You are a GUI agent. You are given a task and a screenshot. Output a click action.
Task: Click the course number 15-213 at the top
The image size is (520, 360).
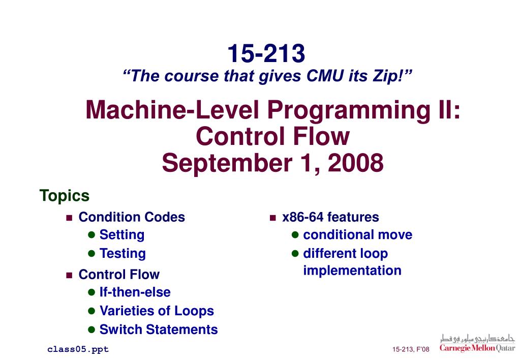(266, 53)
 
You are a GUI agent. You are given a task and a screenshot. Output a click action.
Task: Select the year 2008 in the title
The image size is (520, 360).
(355, 163)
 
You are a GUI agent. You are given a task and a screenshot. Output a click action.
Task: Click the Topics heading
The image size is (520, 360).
(65, 196)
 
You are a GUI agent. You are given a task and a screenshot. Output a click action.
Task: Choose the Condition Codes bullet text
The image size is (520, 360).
(132, 217)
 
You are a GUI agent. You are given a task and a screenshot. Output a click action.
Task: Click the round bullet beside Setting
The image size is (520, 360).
(92, 235)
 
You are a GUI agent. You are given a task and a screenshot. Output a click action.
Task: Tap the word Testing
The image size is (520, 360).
(123, 253)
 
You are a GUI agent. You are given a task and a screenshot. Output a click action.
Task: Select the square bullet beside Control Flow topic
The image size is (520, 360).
(70, 275)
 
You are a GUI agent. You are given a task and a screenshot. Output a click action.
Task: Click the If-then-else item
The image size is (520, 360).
(135, 292)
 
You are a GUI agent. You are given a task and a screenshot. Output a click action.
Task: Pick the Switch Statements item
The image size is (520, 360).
(159, 329)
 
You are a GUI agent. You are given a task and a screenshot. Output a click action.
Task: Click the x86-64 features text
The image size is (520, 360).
(330, 217)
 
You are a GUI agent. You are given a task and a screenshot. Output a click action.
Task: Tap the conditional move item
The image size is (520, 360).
(357, 235)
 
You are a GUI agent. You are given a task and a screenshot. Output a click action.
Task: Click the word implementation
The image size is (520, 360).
(352, 271)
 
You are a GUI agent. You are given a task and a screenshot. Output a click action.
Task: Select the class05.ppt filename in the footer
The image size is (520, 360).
(78, 349)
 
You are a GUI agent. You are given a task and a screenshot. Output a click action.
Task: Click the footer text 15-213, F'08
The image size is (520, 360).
(411, 349)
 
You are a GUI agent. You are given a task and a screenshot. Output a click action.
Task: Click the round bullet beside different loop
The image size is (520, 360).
(295, 253)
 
